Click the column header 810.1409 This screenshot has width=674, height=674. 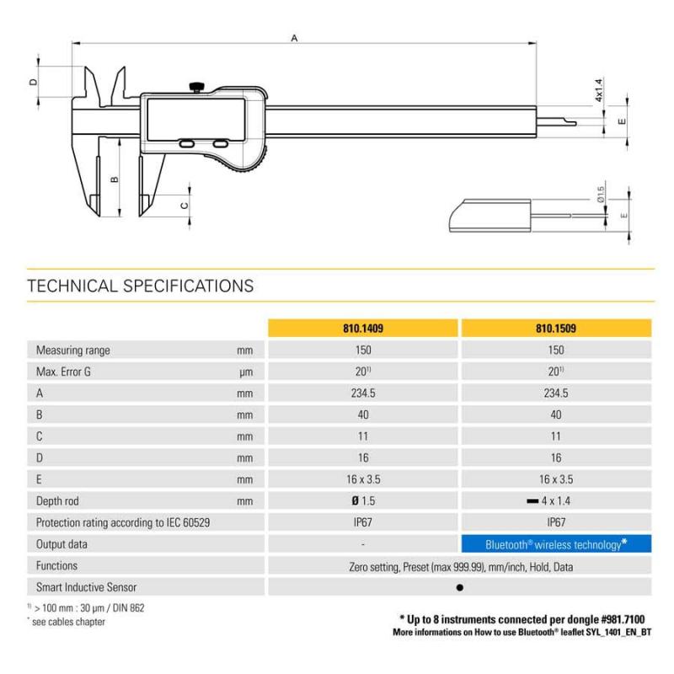click(x=363, y=329)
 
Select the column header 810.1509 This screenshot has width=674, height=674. click(x=556, y=329)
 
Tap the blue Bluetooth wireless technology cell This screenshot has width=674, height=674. click(x=556, y=544)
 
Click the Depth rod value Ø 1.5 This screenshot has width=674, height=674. click(x=363, y=500)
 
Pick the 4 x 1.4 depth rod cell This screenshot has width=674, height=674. click(x=549, y=500)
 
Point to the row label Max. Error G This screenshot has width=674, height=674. click(x=63, y=372)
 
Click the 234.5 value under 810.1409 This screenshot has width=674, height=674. click(x=363, y=393)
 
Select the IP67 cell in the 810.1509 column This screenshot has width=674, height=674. click(x=556, y=522)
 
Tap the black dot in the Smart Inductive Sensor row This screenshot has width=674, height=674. click(x=459, y=587)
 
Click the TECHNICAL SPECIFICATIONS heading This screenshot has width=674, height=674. click(x=141, y=286)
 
